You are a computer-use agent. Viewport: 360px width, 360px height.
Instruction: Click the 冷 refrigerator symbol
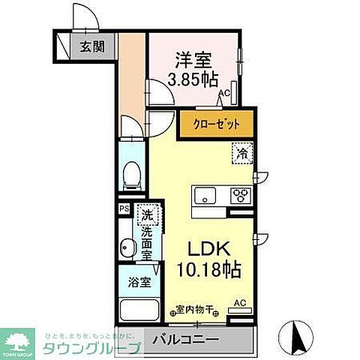tap(241, 151)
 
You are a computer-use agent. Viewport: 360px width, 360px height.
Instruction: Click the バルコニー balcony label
tap(187, 340)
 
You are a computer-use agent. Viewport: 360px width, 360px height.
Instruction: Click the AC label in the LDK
tap(240, 303)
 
